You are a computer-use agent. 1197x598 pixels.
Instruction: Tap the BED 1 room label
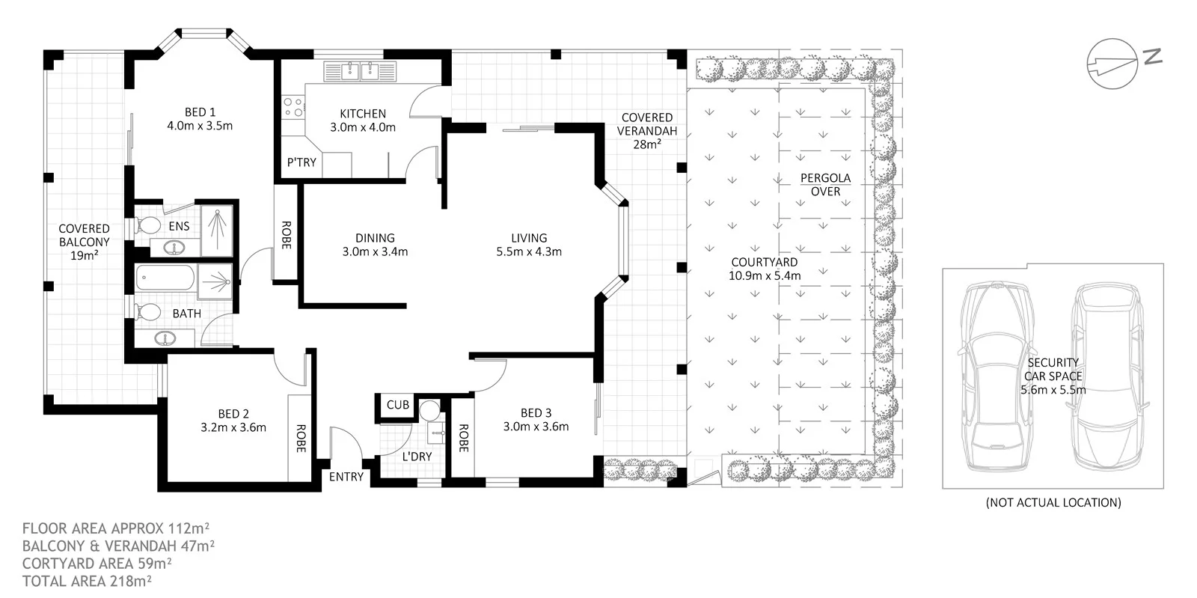200,119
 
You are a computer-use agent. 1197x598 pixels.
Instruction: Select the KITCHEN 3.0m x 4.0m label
363,120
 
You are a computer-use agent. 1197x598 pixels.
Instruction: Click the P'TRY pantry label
301,162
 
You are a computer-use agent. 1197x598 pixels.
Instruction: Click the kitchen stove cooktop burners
293,107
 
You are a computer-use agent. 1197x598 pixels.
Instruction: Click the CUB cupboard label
397,405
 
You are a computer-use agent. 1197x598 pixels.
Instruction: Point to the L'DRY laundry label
417,457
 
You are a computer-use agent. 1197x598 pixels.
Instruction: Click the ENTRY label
346,477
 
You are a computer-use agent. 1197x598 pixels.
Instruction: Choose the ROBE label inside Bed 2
301,439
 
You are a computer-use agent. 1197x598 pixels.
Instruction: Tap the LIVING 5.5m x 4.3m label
529,245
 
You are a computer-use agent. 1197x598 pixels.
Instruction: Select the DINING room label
375,245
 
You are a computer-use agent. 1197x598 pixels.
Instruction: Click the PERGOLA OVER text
825,185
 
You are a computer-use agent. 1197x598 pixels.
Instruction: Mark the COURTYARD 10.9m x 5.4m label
764,269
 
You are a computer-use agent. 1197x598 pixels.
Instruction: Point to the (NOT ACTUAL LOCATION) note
1053,502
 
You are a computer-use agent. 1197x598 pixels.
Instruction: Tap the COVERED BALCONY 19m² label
84,242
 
